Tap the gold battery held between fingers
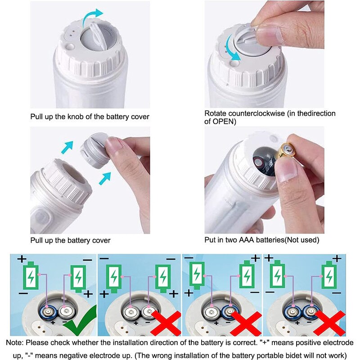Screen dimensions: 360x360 286,151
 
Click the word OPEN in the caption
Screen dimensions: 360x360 222,121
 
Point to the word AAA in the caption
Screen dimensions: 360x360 246,240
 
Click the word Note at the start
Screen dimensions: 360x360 14,342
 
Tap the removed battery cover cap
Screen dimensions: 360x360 94,150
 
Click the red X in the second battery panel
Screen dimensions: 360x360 166,323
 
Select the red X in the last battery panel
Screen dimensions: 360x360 330,323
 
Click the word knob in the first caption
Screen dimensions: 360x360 75,117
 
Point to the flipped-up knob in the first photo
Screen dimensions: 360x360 98,36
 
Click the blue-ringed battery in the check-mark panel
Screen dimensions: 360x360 48,312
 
